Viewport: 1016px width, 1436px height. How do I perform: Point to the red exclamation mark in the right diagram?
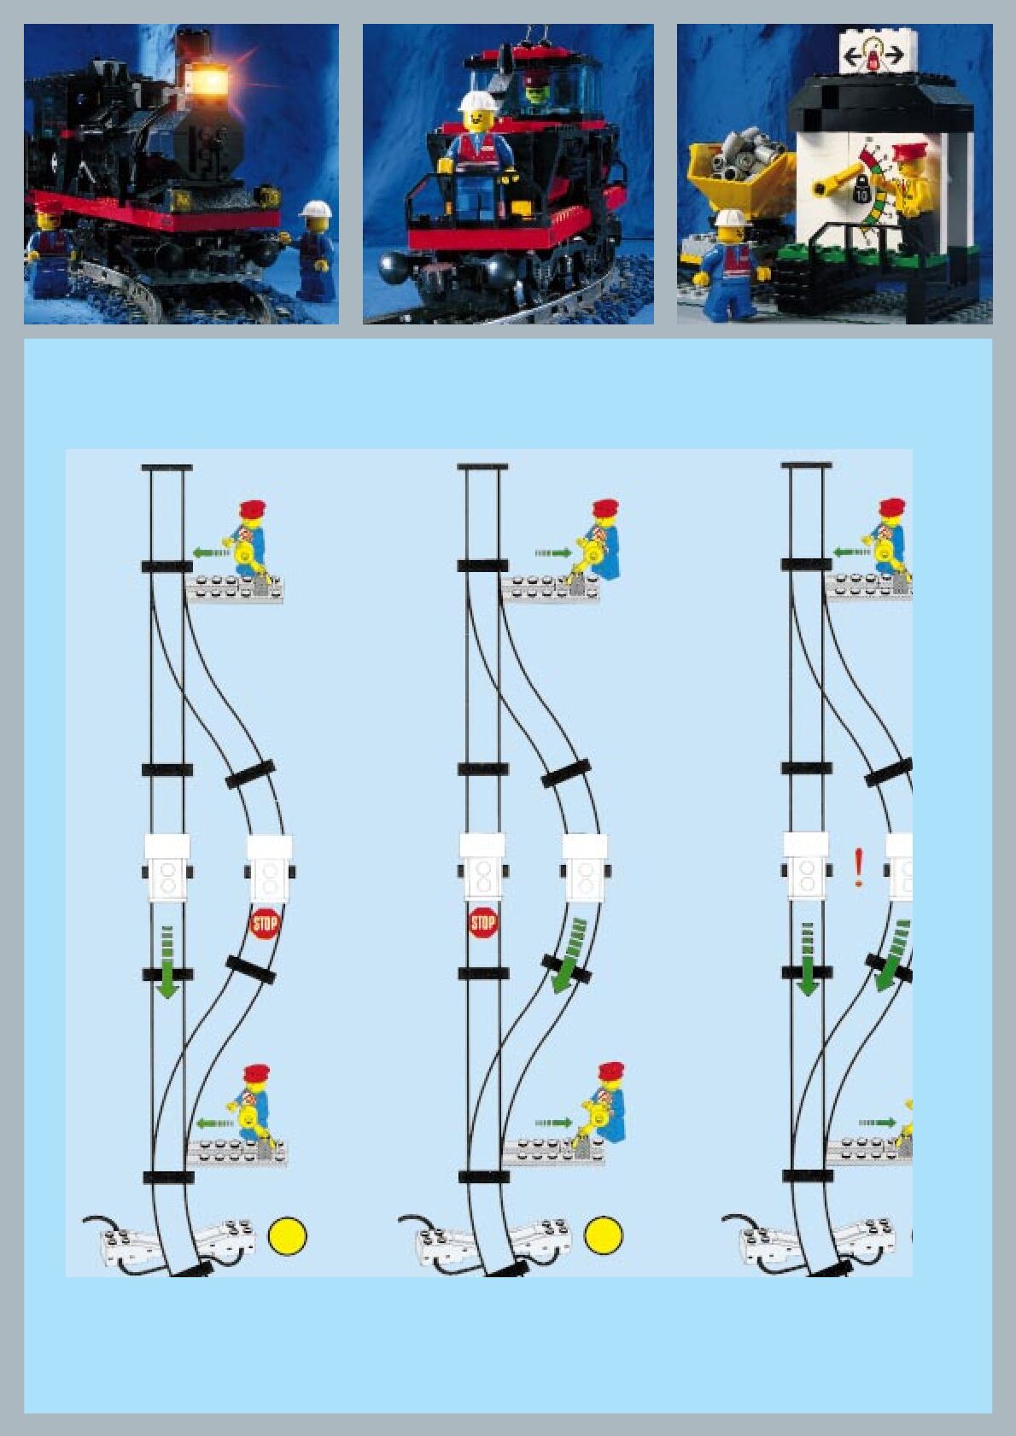coord(859,868)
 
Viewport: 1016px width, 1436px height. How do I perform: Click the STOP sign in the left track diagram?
coord(265,923)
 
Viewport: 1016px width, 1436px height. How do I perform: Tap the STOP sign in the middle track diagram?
coord(483,922)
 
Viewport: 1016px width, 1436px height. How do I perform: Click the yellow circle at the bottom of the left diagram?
coord(288,1235)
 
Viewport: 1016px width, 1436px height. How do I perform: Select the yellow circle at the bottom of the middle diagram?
coord(604,1235)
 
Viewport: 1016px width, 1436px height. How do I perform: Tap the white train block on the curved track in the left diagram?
coord(270,868)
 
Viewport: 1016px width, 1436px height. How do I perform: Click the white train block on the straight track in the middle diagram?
coord(482,867)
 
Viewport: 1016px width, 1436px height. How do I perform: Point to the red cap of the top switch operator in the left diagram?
coord(254,509)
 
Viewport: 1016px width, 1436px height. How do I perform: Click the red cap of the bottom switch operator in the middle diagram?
coord(611,1071)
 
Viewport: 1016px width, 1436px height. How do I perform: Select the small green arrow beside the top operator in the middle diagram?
coord(554,553)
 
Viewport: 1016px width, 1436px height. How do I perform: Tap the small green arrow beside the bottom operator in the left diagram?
coord(214,1122)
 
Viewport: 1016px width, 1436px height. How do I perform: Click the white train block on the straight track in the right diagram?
coord(806,867)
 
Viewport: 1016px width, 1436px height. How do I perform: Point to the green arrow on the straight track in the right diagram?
coord(807,960)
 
